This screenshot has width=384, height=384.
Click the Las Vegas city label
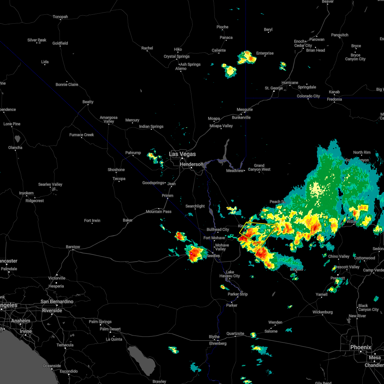click(182, 154)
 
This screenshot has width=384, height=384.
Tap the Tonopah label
click(60, 17)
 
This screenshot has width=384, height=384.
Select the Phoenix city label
click(361, 347)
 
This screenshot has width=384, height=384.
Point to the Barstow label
click(73, 247)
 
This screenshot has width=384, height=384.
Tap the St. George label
click(274, 88)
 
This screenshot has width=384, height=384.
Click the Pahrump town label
click(133, 153)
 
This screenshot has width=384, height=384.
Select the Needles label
click(213, 256)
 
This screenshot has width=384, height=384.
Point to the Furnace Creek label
click(82, 135)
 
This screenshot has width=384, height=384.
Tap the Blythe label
click(214, 337)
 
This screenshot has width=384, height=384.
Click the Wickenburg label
click(323, 312)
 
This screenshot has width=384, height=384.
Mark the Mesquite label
click(244, 109)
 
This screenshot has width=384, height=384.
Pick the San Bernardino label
click(57, 301)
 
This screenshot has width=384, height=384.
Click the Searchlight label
click(195, 206)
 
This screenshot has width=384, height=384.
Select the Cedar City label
click(303, 45)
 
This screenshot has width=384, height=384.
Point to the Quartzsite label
click(235, 333)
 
